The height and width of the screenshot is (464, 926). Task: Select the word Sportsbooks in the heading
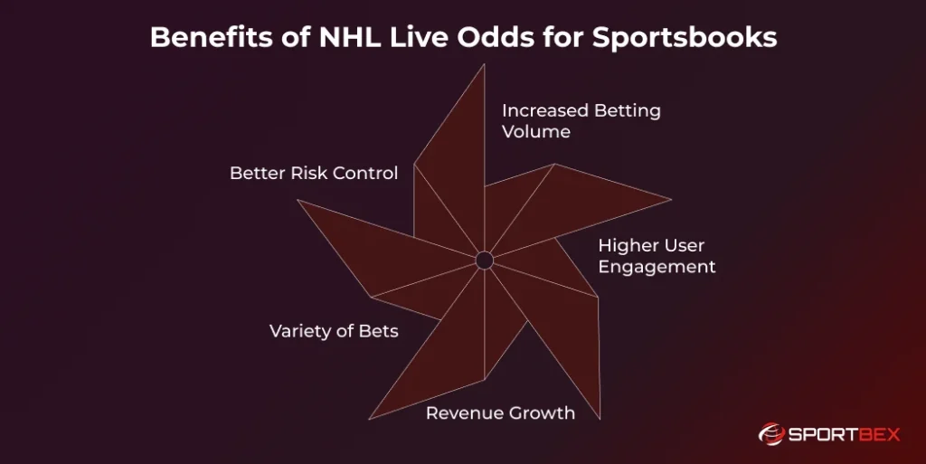[685, 36]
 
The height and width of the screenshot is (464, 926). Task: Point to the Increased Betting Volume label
[581, 121]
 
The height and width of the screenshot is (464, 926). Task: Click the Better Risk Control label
[314, 173]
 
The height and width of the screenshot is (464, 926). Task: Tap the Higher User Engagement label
[657, 256]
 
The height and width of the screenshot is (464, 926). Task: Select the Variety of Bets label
[334, 330]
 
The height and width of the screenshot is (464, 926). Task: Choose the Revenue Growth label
[500, 412]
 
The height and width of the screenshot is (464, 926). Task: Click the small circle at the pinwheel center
[485, 260]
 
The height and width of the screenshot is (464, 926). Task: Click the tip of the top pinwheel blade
[485, 64]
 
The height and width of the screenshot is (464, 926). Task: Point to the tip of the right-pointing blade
[671, 200]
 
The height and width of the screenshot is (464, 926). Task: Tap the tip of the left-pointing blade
[298, 200]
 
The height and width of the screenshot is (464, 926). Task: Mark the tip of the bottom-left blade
[369, 419]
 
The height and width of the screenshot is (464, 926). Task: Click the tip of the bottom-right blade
[600, 419]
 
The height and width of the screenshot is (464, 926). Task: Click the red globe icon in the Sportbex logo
[771, 434]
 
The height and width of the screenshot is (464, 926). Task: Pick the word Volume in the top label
[536, 131]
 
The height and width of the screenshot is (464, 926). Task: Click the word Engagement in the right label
[657, 266]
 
